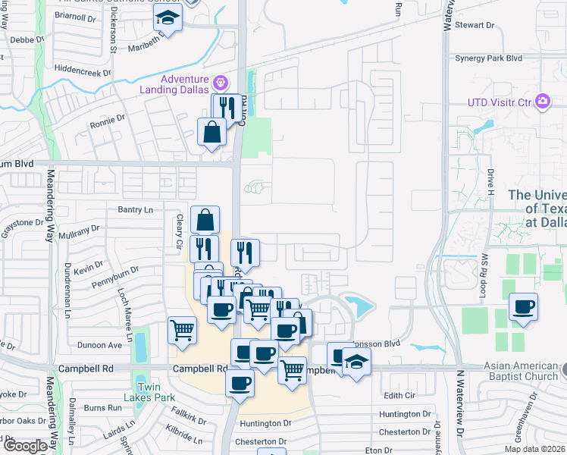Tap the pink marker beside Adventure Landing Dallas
click(221, 80)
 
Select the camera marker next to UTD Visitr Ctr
click(542, 101)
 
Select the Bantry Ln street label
click(135, 209)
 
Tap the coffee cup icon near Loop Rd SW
click(524, 307)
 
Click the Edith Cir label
click(400, 395)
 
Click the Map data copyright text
click(536, 447)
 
